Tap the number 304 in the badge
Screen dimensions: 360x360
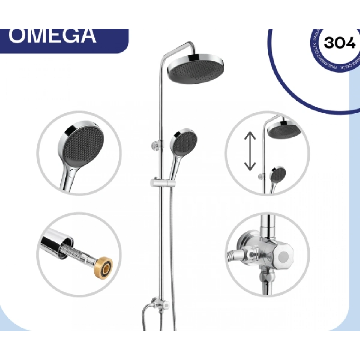click(340, 43)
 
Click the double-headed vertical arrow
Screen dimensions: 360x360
click(250, 152)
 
